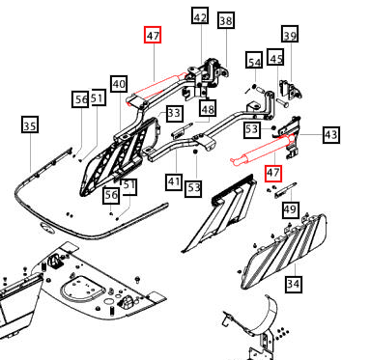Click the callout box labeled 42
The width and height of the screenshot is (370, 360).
(200, 15)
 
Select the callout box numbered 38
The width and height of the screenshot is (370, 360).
(226, 20)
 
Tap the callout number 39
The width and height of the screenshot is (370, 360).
(290, 34)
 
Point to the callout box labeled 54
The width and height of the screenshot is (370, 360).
(254, 60)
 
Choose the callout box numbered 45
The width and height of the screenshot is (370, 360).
(275, 57)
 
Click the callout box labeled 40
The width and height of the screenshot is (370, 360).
(119, 84)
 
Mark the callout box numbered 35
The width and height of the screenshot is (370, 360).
(30, 125)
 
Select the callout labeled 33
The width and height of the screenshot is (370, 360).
(175, 114)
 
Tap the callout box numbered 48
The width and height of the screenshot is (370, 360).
(208, 108)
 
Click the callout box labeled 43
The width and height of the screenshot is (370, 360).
(331, 134)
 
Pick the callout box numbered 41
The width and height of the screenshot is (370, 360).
(175, 181)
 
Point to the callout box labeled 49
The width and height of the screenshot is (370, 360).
(290, 209)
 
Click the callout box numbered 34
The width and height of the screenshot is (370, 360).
(294, 284)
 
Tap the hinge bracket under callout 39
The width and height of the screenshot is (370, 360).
(291, 89)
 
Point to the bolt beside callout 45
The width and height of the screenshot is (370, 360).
(282, 103)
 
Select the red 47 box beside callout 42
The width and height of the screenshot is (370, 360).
(153, 35)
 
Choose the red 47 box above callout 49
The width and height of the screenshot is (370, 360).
(273, 173)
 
